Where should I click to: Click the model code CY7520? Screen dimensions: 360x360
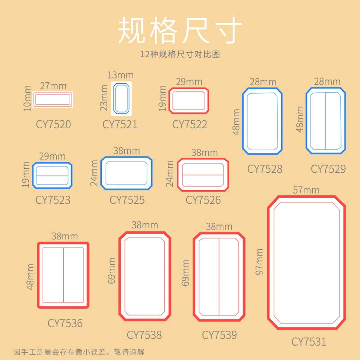click(53, 124)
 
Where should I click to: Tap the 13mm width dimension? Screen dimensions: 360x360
click(121, 75)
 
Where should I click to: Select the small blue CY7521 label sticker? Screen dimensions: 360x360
click(121, 99)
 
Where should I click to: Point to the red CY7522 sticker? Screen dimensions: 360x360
click(189, 100)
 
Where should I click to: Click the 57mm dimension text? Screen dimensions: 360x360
click(306, 190)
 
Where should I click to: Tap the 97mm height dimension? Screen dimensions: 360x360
click(259, 262)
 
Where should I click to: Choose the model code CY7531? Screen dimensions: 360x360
click(309, 342)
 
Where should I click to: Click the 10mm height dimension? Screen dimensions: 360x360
click(27, 98)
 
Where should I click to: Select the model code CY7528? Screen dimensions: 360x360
click(265, 169)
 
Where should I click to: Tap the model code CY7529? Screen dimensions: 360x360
click(328, 169)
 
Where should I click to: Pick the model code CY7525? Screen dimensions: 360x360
click(127, 200)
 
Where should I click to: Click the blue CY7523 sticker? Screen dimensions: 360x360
click(52, 175)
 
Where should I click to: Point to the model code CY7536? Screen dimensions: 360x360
click(65, 323)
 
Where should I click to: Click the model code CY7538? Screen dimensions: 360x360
click(144, 335)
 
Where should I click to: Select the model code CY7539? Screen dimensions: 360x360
click(219, 335)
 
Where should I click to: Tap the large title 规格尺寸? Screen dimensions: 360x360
click(180, 30)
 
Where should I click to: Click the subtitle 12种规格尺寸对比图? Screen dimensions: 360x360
click(180, 54)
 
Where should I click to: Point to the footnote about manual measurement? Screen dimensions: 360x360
click(79, 352)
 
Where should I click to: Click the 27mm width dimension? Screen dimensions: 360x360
click(53, 86)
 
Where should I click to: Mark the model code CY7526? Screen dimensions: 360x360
click(203, 200)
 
